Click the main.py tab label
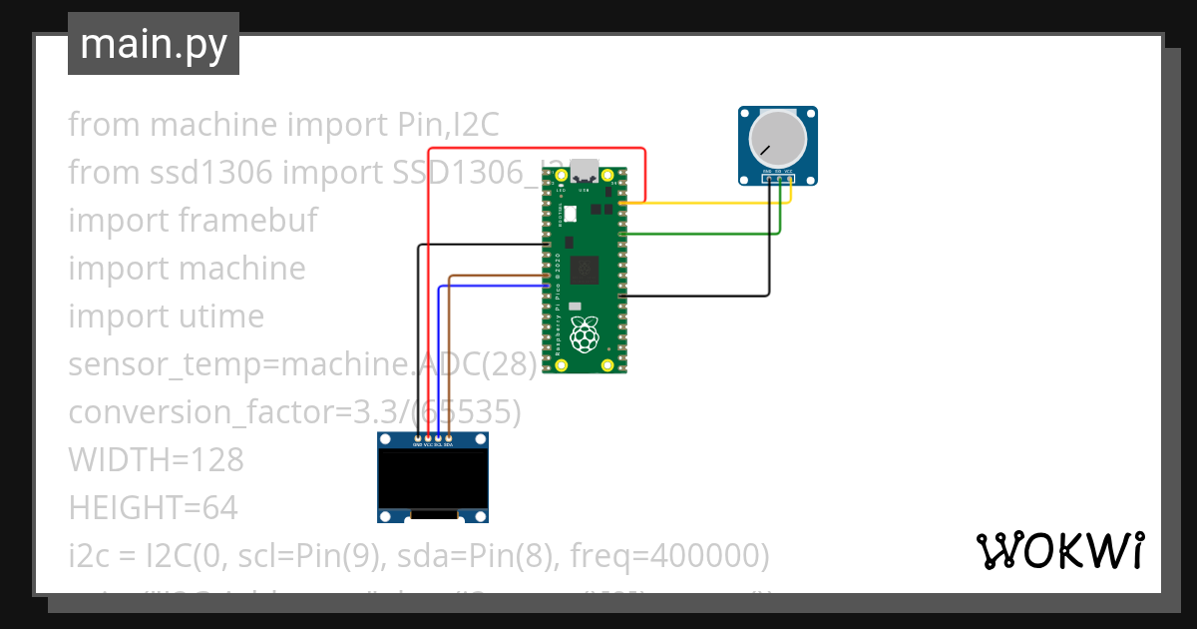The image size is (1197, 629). (x=153, y=44)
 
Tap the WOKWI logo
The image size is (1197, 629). (x=1059, y=550)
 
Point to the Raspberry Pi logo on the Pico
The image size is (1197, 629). (x=586, y=335)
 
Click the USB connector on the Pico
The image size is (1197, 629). (x=586, y=169)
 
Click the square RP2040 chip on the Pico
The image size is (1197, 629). (x=587, y=269)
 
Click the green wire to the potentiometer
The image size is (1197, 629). (x=698, y=234)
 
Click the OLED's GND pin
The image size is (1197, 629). (x=418, y=438)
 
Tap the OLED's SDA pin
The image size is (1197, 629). (x=449, y=438)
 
